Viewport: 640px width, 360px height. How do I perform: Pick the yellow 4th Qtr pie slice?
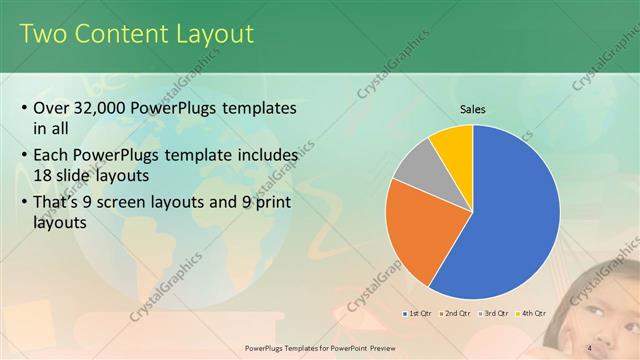453,141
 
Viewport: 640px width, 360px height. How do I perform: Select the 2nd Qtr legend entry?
456,314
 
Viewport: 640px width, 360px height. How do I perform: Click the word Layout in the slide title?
210,34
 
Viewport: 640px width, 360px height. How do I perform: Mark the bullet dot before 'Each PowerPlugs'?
24,158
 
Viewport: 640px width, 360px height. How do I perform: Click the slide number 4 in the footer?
589,348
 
